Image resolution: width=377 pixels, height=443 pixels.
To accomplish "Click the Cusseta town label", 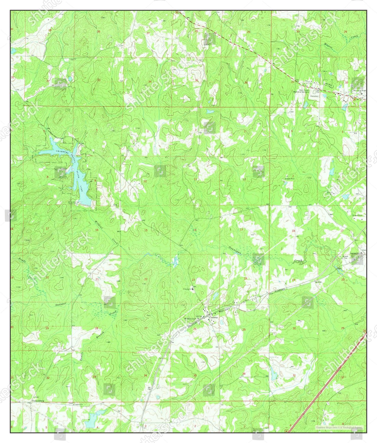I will click(x=213, y=317).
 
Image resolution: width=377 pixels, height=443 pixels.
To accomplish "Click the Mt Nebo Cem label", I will click(x=190, y=319).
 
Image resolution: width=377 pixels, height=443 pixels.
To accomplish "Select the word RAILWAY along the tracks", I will click(x=225, y=311).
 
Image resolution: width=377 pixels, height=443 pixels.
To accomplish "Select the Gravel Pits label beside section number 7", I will click(x=290, y=179).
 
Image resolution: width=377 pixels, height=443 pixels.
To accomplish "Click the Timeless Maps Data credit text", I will click(x=338, y=427).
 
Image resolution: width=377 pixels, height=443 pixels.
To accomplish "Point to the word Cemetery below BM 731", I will click(x=314, y=96).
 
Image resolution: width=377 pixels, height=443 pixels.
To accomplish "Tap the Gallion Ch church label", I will click(x=77, y=404).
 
